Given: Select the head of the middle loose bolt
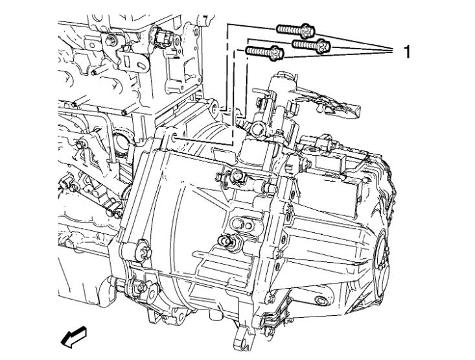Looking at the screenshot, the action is [322, 45].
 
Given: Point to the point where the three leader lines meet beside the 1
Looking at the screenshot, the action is [389, 49].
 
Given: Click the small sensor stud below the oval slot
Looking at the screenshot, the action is [228, 241].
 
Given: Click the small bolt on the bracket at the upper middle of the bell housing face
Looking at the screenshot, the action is [237, 174].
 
